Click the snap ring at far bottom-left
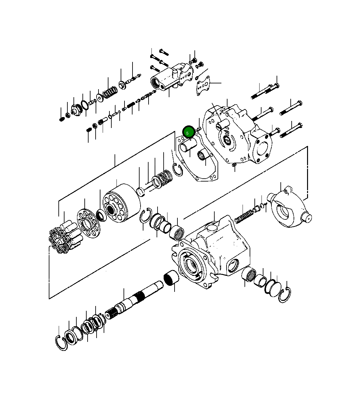[61, 344]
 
